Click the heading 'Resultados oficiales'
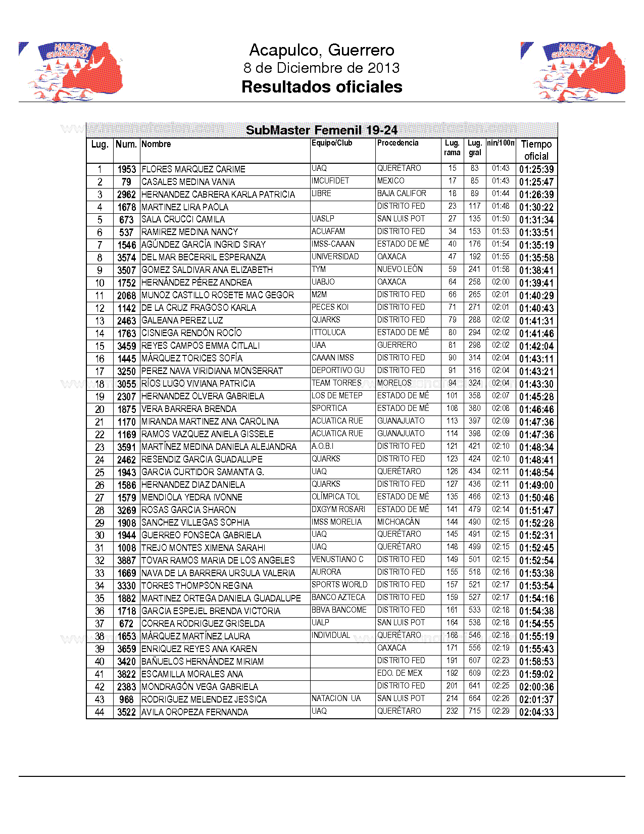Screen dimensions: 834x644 click(x=322, y=87)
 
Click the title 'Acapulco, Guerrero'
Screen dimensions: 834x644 click(x=322, y=50)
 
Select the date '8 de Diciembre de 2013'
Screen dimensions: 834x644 click(x=322, y=68)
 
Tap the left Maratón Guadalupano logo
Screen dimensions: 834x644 click(x=71, y=71)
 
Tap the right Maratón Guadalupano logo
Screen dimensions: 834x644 click(x=573, y=71)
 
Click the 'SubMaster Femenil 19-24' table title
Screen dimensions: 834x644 click(x=322, y=130)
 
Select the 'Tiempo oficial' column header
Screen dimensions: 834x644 click(x=536, y=150)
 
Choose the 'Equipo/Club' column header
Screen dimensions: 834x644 click(x=332, y=143)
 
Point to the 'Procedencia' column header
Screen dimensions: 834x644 click(x=398, y=143)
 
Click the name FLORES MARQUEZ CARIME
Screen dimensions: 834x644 click(x=193, y=169)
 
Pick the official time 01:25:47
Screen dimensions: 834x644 click(x=536, y=182)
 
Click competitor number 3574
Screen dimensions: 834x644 click(x=126, y=257)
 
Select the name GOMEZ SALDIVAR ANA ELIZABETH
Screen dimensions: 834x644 click(x=207, y=270)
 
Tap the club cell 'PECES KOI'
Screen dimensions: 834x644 click(x=330, y=307)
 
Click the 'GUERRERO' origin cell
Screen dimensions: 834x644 click(x=397, y=345)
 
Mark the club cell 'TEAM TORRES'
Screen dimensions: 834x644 click(x=336, y=383)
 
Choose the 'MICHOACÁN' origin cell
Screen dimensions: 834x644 click(x=399, y=522)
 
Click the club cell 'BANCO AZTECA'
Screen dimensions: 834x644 click(x=338, y=597)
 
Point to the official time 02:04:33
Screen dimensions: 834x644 click(x=536, y=712)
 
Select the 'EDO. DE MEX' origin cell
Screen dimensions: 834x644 click(x=400, y=673)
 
